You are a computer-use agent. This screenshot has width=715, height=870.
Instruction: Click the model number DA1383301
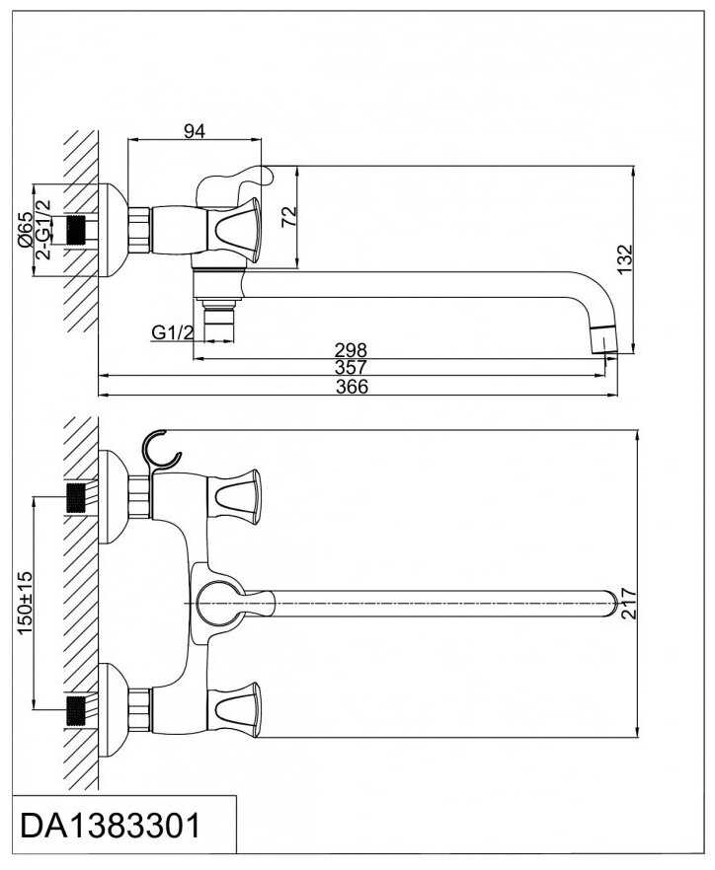click(110, 826)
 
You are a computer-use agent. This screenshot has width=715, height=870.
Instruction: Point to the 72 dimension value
click(288, 215)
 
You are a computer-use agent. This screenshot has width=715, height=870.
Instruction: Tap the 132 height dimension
click(623, 257)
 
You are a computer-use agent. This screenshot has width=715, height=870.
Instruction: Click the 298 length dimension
click(351, 350)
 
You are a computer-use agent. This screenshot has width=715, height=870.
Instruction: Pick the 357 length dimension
click(351, 368)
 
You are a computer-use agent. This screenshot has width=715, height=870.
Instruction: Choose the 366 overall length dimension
click(351, 387)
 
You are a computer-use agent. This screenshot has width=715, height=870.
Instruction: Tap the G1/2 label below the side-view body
click(172, 333)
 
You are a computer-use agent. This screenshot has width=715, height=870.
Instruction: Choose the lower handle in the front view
click(237, 708)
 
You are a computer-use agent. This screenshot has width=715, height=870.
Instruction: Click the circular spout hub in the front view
click(218, 602)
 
